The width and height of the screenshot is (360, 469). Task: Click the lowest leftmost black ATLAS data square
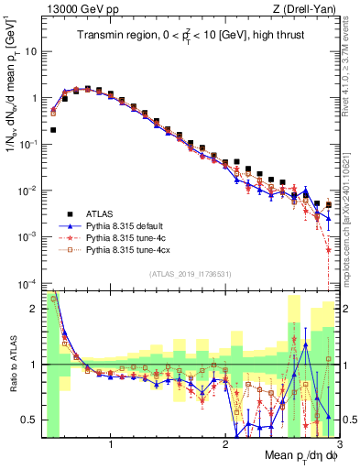click(53, 130)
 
